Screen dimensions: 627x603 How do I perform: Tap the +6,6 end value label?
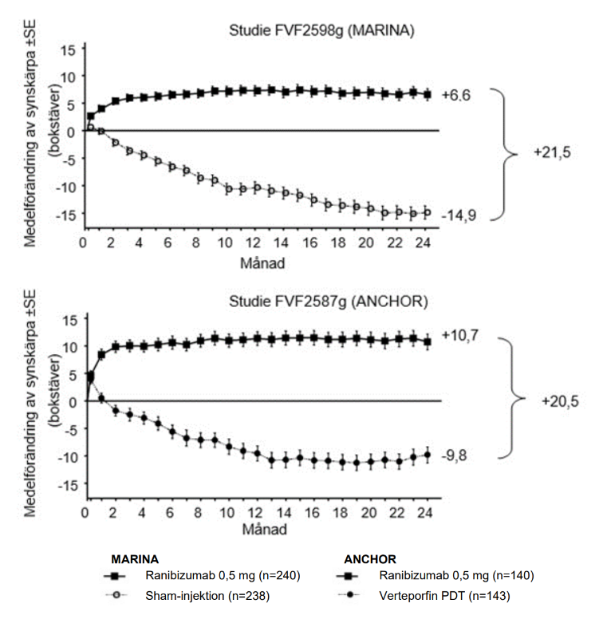click(459, 95)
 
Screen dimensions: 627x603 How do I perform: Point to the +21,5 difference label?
click(553, 153)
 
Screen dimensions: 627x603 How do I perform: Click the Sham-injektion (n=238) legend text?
click(202, 595)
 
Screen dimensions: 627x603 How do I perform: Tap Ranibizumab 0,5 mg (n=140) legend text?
click(457, 575)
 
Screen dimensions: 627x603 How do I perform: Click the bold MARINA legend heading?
click(134, 558)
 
